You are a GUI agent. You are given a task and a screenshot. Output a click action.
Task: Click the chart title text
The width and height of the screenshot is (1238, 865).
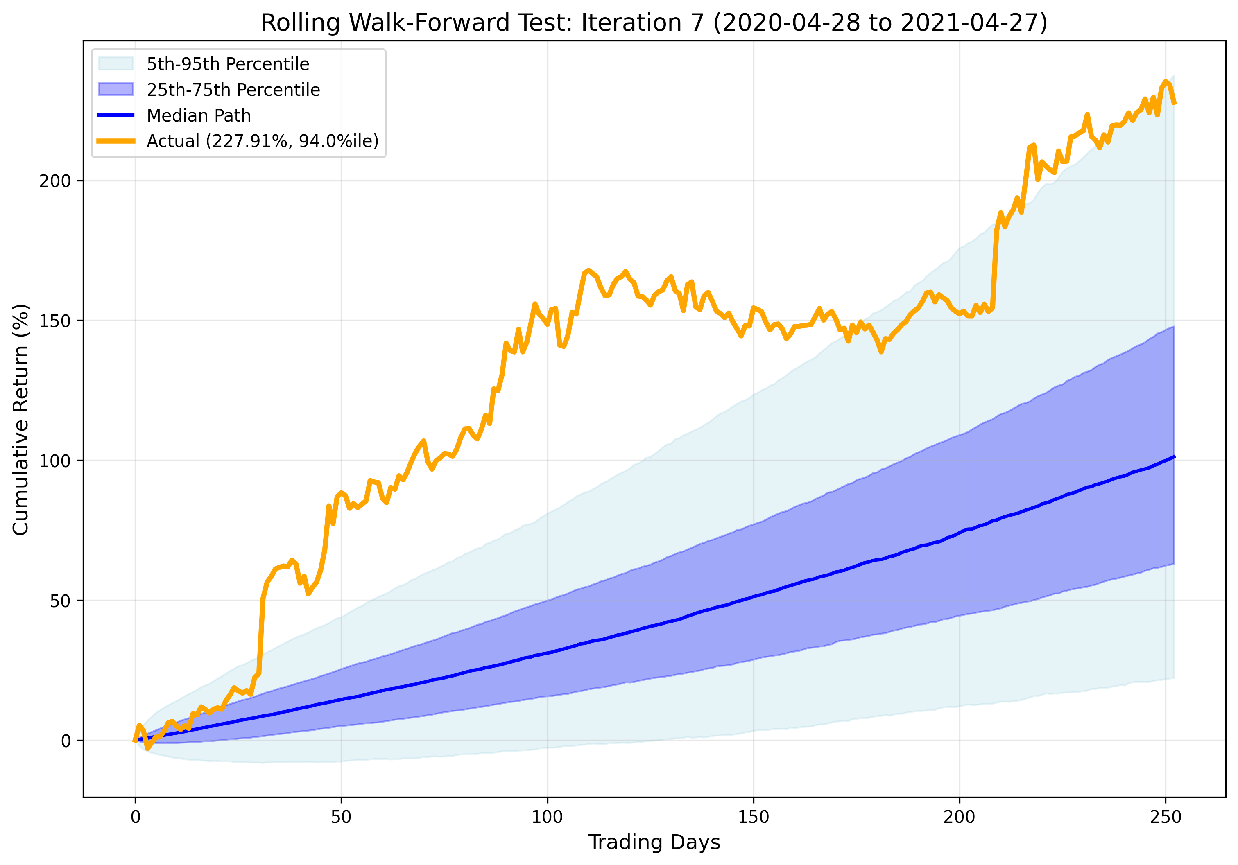pos(654,23)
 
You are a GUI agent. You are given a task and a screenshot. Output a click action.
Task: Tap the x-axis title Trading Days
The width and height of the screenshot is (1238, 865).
pos(654,842)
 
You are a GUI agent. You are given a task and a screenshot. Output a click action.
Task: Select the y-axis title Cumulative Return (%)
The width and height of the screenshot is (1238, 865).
pos(20,420)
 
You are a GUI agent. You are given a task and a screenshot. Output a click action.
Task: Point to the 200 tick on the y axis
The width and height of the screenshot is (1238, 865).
pos(55,181)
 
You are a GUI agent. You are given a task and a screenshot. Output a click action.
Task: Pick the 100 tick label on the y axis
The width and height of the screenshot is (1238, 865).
pos(55,461)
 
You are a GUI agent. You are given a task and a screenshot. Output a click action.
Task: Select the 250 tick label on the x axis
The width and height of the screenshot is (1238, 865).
pos(1165,817)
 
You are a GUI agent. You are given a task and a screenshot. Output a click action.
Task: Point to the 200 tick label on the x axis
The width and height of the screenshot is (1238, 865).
pos(959,817)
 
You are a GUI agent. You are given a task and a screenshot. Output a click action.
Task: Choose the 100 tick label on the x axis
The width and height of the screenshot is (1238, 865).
pos(547,817)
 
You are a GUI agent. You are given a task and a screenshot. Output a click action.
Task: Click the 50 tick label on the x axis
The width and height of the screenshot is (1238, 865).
pos(341,817)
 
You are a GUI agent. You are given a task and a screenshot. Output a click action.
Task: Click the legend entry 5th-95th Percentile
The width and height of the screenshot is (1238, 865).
pos(228,64)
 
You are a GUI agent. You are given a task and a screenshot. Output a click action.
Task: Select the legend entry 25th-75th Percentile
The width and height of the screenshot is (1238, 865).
pos(233,90)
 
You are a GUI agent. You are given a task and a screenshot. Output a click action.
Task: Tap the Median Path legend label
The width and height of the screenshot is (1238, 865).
pos(199,115)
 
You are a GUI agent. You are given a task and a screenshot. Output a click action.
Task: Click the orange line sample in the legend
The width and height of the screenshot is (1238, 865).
pos(115,141)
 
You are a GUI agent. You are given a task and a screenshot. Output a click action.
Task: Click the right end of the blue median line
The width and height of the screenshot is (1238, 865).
pos(1174,456)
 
